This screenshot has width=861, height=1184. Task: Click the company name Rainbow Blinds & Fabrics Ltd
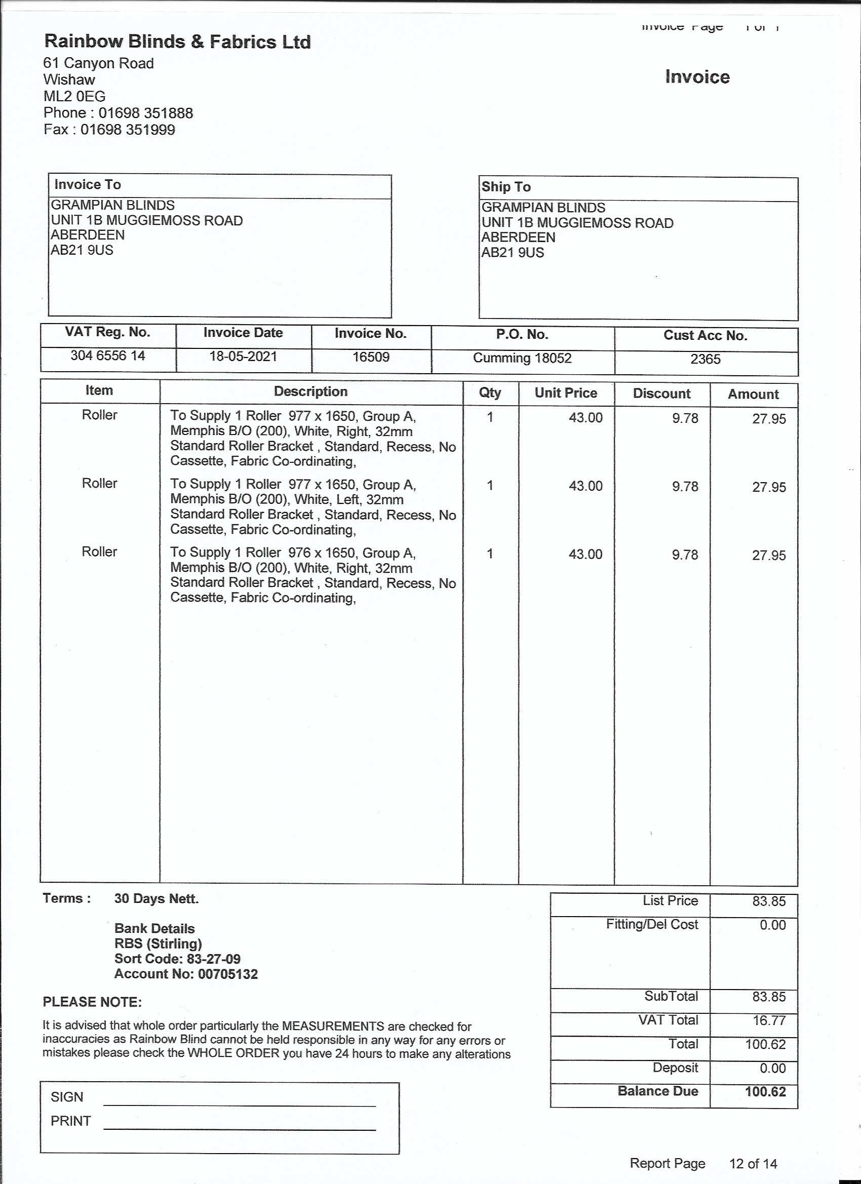178,42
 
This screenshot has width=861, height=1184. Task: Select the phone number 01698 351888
146,113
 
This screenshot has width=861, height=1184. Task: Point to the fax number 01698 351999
128,130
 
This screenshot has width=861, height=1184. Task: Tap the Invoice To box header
88,185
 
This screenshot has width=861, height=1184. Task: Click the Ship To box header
505,187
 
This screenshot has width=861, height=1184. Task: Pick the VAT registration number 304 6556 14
107,356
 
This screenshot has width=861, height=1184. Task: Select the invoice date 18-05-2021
243,357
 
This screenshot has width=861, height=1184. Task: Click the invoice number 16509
371,358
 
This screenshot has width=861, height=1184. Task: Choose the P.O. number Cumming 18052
522,359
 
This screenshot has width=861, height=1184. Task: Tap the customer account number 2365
705,360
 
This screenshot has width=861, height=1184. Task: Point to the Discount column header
661,393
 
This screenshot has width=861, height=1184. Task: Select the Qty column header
490,392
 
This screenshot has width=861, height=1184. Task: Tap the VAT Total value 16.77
769,1020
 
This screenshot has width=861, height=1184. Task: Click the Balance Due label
657,1091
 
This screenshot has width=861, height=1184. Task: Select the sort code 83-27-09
209,959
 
